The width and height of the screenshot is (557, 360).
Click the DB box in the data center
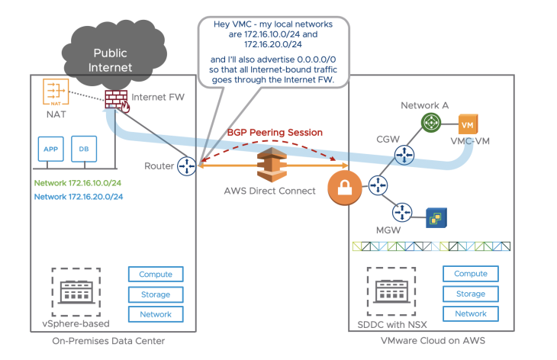82,149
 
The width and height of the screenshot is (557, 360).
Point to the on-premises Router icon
187,166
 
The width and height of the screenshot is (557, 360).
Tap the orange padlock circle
343,187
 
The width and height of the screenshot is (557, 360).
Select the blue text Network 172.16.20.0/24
79,197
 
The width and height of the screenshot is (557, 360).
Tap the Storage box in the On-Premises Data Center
156,294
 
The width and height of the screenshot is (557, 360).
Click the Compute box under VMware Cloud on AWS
470,274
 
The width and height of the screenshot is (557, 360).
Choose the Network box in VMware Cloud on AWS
470,313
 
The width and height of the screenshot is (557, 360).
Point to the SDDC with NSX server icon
389,291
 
